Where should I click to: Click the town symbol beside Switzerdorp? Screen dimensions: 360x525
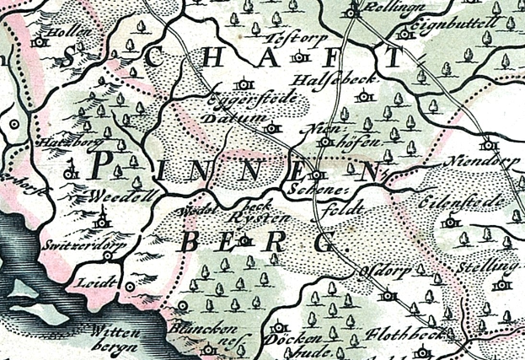coord(107,255)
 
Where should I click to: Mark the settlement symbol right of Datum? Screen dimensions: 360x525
coord(271,129)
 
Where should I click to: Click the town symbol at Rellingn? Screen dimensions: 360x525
coord(352,12)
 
